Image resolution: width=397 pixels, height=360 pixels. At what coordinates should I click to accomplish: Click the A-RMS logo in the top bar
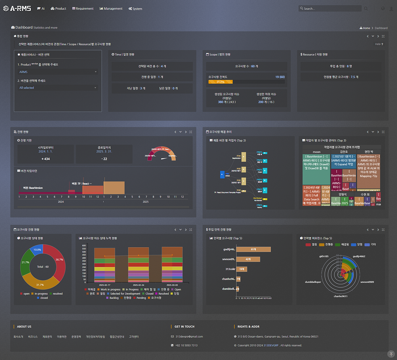[17, 8]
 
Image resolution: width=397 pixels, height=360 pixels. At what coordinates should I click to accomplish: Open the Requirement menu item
[83, 8]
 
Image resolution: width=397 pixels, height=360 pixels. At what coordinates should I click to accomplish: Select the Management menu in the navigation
[111, 8]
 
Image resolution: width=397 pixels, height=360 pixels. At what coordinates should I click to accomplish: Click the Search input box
[330, 8]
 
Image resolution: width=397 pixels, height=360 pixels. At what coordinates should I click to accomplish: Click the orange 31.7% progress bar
[220, 82]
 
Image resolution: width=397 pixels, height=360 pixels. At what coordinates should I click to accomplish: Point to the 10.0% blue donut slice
[37, 250]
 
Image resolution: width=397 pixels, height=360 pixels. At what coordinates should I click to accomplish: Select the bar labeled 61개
[253, 249]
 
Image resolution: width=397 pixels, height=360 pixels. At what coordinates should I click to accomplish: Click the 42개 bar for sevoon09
[248, 259]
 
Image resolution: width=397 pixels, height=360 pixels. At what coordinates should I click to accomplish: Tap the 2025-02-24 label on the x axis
[138, 285]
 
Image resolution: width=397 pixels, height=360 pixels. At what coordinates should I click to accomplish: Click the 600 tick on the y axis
[84, 246]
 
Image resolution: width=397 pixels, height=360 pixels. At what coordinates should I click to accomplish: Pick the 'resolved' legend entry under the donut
[56, 294]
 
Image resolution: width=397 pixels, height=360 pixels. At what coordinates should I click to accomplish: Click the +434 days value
[46, 159]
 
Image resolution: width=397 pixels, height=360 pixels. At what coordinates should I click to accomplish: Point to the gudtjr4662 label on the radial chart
[359, 256]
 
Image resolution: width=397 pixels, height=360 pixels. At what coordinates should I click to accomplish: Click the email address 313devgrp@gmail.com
[189, 336]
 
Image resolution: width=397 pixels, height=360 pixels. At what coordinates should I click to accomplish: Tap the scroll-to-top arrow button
[391, 354]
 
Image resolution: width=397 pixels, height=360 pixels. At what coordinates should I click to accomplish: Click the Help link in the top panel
[379, 44]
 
